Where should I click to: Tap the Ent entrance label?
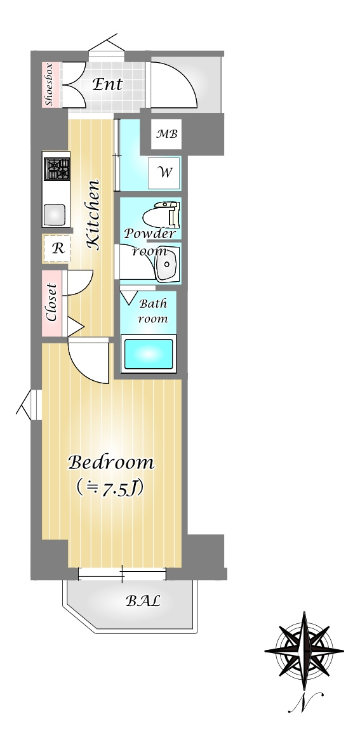tap(107, 84)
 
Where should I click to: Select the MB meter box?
tap(167, 134)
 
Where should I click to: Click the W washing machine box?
tap(164, 173)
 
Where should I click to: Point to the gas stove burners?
tap(57, 169)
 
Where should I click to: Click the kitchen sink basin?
tap(55, 215)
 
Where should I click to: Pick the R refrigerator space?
tap(57, 249)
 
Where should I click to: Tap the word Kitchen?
tap(93, 215)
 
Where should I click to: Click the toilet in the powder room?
tap(161, 215)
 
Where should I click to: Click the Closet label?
tap(51, 302)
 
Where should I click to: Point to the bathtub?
tap(149, 354)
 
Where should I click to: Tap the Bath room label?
tap(152, 311)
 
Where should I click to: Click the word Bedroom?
tap(111, 462)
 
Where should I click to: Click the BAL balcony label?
tap(143, 601)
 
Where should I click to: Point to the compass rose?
tap(304, 651)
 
